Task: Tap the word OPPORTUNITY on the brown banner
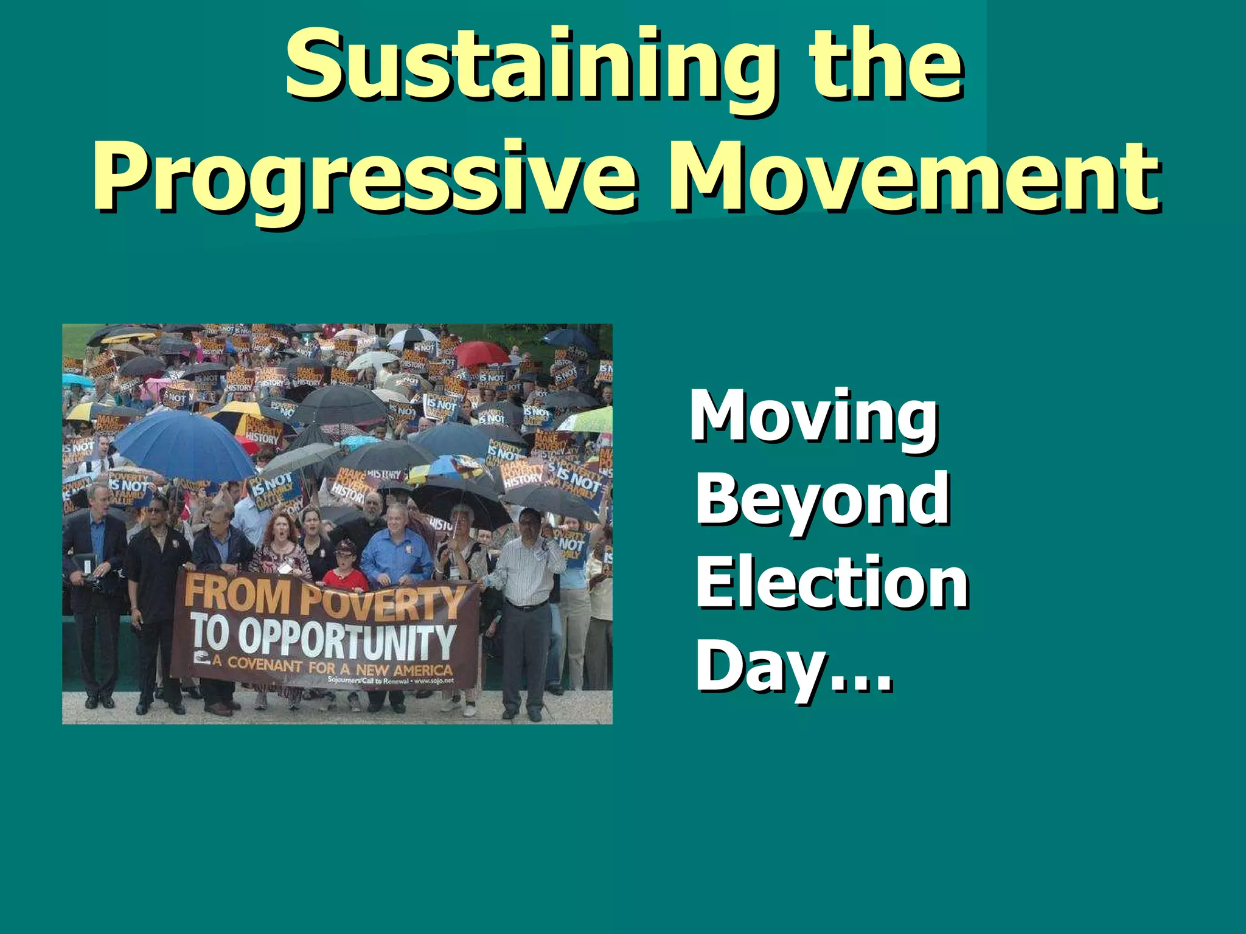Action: [347, 638]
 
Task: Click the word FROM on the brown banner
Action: [237, 595]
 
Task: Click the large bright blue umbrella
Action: [183, 444]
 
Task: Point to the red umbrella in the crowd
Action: [481, 353]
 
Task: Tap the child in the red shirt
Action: [346, 569]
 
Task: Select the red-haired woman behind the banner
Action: [280, 541]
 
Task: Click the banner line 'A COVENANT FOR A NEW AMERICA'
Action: [332, 668]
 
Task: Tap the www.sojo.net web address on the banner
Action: [434, 681]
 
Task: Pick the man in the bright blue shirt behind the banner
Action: [395, 547]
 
